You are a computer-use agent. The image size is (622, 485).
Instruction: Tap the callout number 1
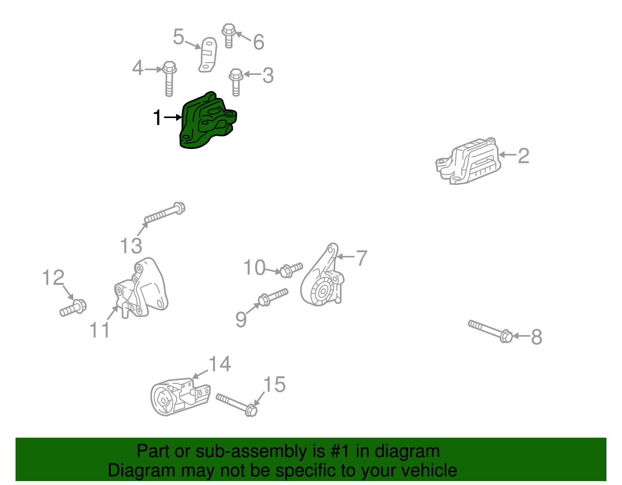tap(157, 118)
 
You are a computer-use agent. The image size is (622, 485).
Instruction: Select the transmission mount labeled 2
tap(468, 161)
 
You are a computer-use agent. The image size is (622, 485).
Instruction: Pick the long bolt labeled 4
tap(169, 79)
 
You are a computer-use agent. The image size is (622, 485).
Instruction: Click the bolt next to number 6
tap(229, 35)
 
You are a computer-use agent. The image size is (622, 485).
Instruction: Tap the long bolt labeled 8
tap(490, 331)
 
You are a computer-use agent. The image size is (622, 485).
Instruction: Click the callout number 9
tap(241, 320)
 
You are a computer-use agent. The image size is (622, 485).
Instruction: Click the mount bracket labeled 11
tap(142, 289)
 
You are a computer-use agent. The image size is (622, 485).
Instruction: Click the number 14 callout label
tap(220, 364)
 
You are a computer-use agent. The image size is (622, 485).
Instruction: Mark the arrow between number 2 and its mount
tap(508, 155)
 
